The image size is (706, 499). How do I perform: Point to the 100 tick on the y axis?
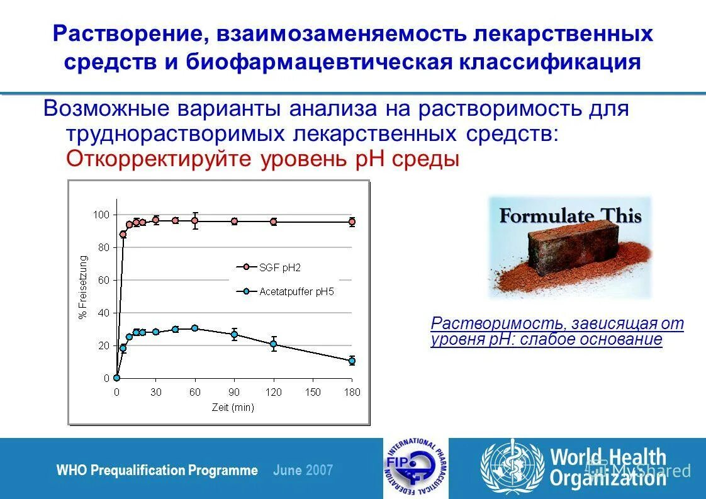[x=101, y=215]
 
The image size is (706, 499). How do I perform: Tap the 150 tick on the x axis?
[x=312, y=392]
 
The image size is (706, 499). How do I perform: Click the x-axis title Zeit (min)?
[x=233, y=407]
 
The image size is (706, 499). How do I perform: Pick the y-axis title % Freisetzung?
[x=83, y=287]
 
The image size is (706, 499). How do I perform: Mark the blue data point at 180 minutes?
[x=352, y=361]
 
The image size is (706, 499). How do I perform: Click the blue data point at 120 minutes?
[x=273, y=344]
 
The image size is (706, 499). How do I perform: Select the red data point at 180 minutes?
[x=352, y=221]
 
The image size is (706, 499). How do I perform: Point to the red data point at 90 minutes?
[x=234, y=221]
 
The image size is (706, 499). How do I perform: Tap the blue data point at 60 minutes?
[x=194, y=328]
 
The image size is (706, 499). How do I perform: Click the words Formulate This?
[x=570, y=216]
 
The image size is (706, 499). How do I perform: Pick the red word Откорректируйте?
[x=160, y=159]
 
